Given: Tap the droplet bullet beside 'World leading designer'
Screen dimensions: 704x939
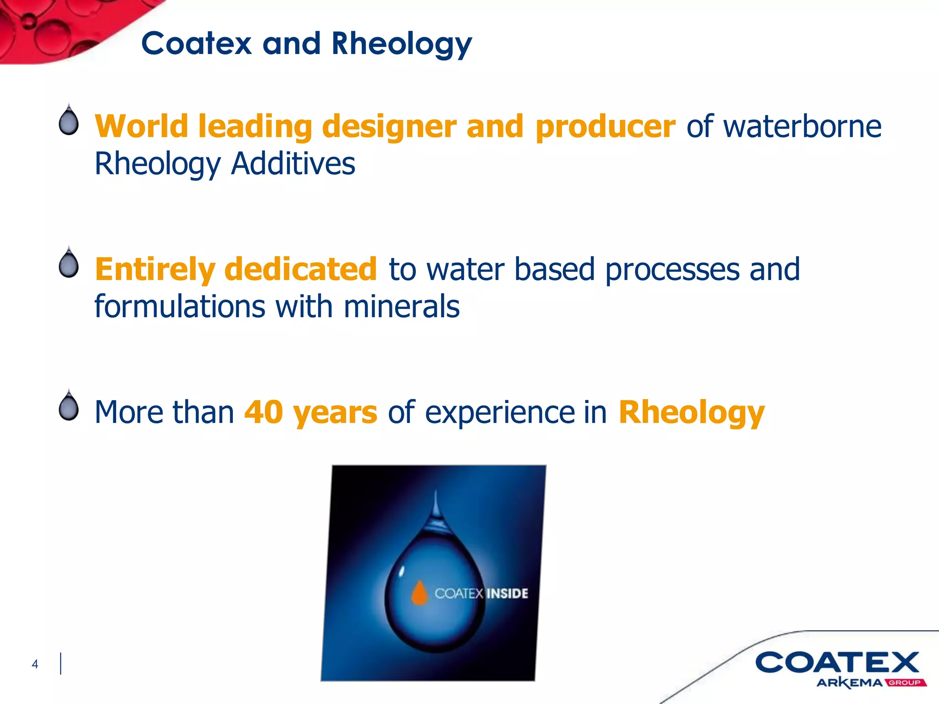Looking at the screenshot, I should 69,121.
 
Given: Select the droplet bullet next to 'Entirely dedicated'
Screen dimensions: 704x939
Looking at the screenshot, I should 69,264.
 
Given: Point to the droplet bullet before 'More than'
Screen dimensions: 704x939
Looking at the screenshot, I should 69,407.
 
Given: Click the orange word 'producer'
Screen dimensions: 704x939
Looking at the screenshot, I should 605,126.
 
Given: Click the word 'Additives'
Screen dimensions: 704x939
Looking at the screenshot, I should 293,164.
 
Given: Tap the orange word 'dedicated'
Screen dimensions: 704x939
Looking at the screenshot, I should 300,269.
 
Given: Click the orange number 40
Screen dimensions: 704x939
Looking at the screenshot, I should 263,412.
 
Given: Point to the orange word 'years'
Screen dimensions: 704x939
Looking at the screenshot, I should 335,412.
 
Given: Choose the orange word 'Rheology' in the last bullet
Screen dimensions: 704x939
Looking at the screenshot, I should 691,412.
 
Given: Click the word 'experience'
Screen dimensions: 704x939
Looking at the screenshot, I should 499,412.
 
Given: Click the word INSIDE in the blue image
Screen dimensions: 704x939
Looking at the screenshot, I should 507,594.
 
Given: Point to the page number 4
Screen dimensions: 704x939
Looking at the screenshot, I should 35,664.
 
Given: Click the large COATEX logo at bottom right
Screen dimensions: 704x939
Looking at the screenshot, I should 837,662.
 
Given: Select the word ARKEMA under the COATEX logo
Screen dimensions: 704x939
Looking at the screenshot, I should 850,683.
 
